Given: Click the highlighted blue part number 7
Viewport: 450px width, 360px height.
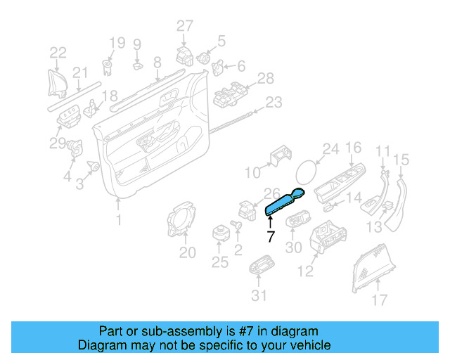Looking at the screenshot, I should [284, 202].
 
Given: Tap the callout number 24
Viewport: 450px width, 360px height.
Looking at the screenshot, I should [330, 149].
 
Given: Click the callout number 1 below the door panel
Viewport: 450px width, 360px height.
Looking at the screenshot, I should [118, 220].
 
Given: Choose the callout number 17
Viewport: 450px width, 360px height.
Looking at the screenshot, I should [379, 301].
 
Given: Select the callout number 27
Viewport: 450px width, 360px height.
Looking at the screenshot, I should [184, 27].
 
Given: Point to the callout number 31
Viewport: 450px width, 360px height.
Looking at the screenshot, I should [259, 295].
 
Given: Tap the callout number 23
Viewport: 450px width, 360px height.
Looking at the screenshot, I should [273, 103].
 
